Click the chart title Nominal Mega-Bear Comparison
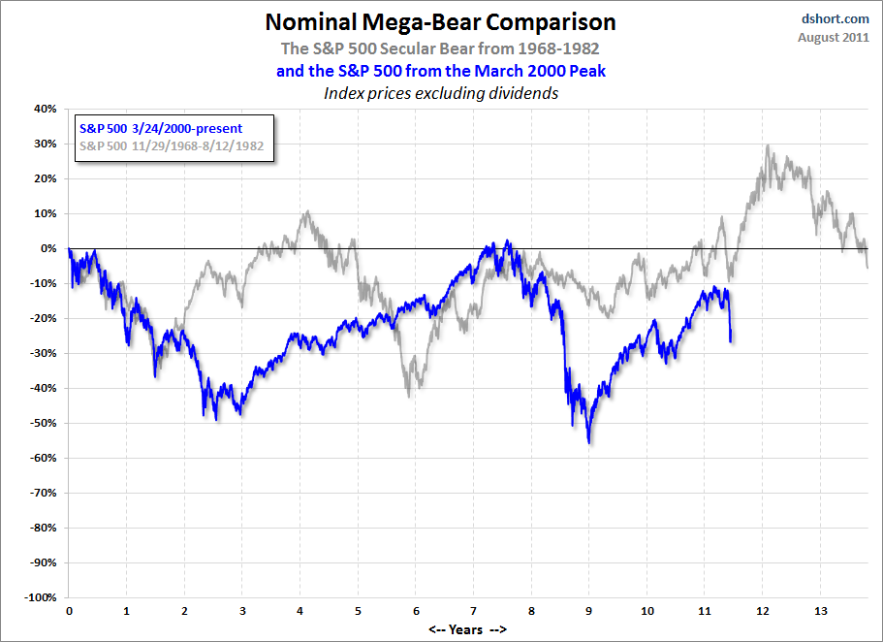click(440, 21)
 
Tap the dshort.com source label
click(836, 17)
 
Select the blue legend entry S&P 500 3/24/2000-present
click(159, 128)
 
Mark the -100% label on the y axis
click(42, 597)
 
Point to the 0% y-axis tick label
click(49, 248)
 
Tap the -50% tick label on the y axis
click(45, 423)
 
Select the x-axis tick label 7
click(473, 612)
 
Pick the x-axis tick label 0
click(69, 612)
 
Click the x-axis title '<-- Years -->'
click(467, 629)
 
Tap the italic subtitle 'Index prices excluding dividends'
click(440, 93)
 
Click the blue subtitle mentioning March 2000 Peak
click(440, 70)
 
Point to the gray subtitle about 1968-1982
click(440, 48)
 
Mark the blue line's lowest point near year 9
click(589, 442)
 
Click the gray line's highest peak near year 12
click(768, 146)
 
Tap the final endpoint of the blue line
click(731, 340)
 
